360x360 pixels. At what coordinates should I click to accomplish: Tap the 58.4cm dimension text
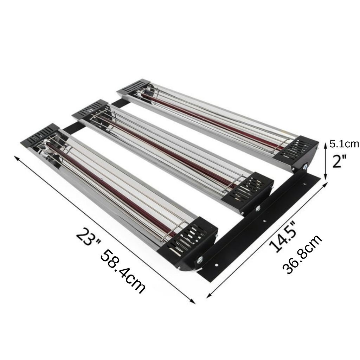(x=123, y=272)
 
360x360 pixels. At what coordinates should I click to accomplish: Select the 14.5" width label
(x=283, y=237)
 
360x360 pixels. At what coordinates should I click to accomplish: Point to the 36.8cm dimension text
(x=302, y=254)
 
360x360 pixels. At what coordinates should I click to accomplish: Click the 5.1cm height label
(x=344, y=144)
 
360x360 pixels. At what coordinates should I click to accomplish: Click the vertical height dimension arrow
(x=325, y=160)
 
